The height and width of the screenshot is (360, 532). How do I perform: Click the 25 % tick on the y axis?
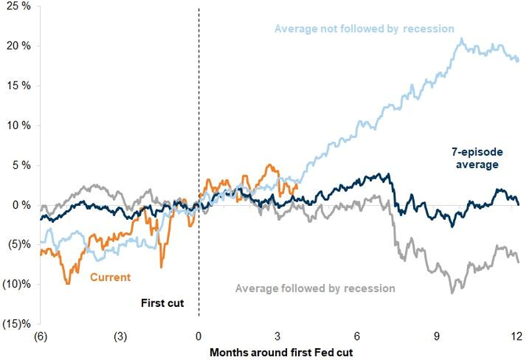16,7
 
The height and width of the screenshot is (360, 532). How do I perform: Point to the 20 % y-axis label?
16,46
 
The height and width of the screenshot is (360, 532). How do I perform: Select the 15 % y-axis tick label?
16,86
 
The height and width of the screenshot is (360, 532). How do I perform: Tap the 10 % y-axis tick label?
16,126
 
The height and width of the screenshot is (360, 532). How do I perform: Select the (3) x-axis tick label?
119,337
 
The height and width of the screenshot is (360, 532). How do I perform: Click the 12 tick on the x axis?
516,337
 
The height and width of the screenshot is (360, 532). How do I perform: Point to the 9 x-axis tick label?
437,337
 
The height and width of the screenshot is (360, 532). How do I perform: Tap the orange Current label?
110,277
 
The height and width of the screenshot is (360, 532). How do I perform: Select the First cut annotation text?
162,303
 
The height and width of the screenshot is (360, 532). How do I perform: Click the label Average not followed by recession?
364,29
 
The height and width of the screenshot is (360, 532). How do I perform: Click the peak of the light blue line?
462,38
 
